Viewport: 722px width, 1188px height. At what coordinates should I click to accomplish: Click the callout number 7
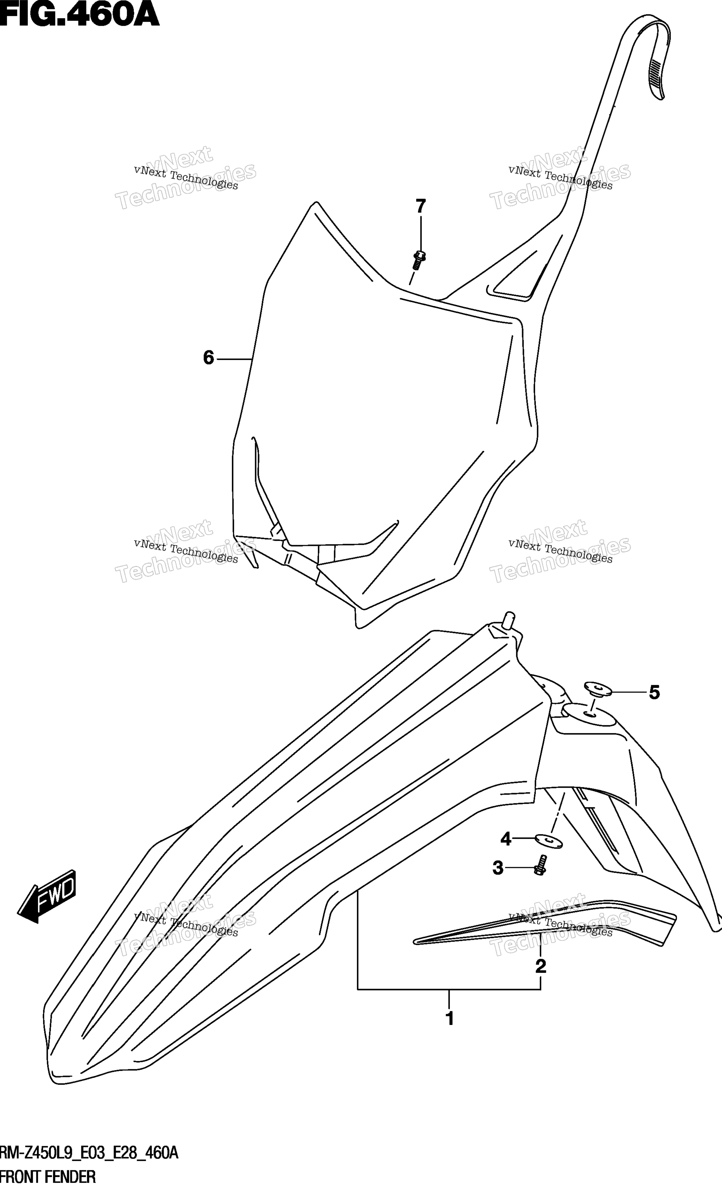click(421, 207)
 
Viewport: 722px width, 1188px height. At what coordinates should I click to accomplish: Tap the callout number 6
click(208, 358)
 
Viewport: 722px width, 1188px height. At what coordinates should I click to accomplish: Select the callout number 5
click(654, 693)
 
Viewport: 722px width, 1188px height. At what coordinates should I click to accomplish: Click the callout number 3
click(498, 868)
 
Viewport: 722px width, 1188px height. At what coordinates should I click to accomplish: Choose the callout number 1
click(450, 1019)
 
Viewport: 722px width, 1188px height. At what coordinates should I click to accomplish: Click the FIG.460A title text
click(79, 15)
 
